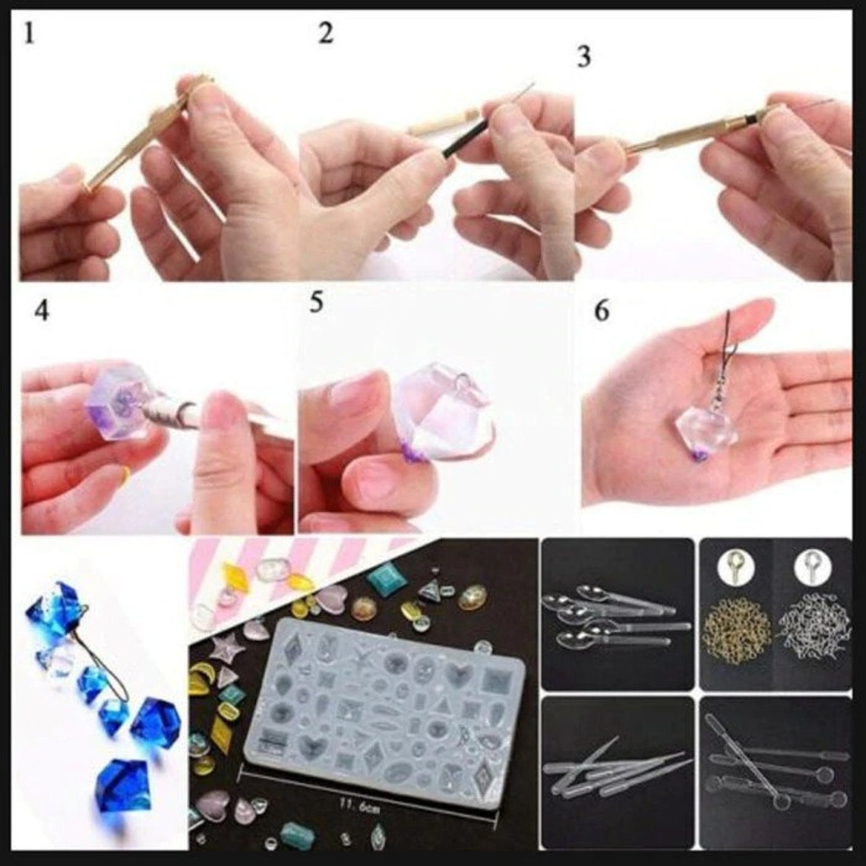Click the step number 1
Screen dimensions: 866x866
pos(29,34)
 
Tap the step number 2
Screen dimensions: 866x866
pos(325,33)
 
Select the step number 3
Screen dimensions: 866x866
pos(583,57)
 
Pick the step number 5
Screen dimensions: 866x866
pos(316,302)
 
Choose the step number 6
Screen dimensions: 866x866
pos(602,311)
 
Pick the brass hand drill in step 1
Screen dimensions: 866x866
pos(137,141)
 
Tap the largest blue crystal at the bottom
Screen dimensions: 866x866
pos(125,784)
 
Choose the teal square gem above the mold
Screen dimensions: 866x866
pos(387,579)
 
